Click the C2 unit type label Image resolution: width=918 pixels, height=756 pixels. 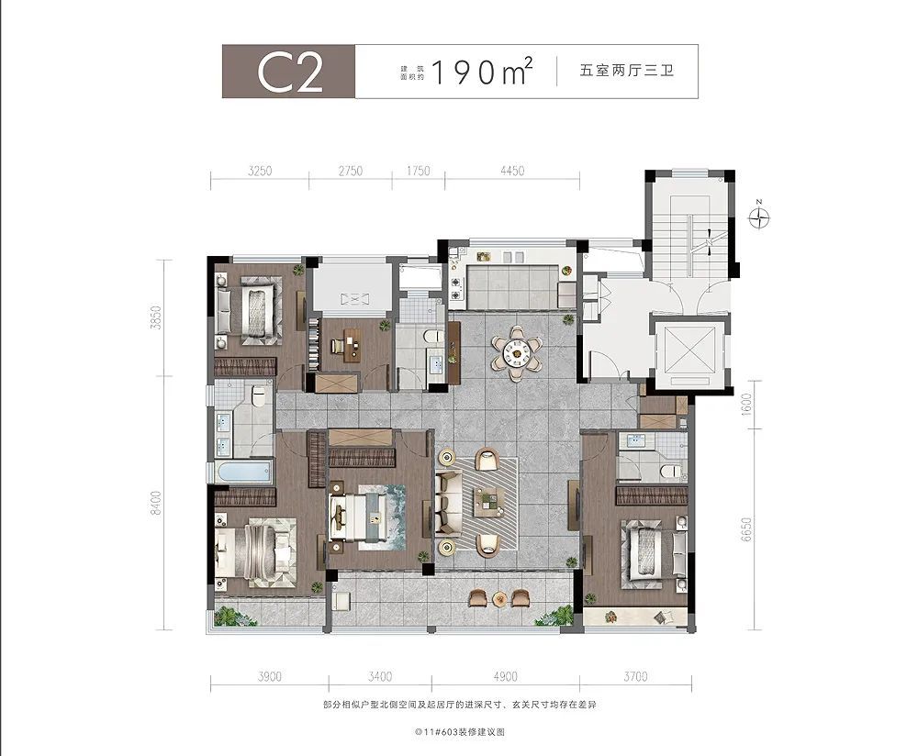(x=290, y=72)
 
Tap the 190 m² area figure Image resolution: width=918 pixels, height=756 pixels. (x=481, y=72)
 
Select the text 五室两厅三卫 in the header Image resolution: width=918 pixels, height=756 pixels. (x=626, y=71)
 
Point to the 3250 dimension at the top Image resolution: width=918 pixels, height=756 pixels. (x=260, y=171)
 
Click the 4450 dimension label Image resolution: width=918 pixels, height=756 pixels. (x=512, y=171)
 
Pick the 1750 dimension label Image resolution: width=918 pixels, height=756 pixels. (x=418, y=171)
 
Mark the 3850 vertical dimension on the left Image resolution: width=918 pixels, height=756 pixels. (x=156, y=317)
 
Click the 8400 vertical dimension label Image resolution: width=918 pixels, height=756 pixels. (x=156, y=503)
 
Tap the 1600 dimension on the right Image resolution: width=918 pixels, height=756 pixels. (x=745, y=405)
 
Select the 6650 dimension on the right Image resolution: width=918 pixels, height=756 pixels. (x=745, y=529)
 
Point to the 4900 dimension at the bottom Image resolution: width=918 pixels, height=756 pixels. (x=505, y=677)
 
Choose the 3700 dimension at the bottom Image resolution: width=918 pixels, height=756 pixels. (x=635, y=677)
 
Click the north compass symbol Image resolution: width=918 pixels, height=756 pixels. (x=759, y=217)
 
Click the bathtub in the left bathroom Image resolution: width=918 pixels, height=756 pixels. (x=243, y=471)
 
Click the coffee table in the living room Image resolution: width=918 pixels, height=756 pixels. (x=489, y=501)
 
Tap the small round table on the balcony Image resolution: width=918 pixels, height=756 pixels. (x=499, y=598)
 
